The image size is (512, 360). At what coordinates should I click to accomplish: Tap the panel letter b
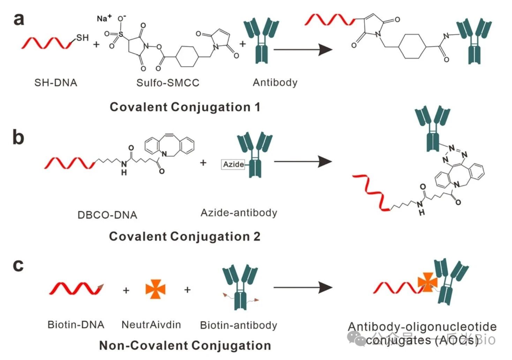(x=18, y=137)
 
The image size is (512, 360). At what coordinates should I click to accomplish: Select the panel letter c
(x=18, y=265)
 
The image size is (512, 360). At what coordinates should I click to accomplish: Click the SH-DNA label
(x=56, y=83)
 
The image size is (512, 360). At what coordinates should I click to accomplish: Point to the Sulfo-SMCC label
(x=168, y=83)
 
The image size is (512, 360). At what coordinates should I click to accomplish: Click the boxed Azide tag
(x=233, y=164)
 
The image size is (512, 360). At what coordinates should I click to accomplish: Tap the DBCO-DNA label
(x=107, y=215)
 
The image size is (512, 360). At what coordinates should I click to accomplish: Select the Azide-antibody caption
(x=239, y=213)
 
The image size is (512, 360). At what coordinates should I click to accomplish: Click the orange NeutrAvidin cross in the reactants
(x=155, y=289)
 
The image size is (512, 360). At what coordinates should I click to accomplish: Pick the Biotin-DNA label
(x=76, y=325)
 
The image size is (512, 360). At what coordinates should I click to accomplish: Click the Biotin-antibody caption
(x=239, y=325)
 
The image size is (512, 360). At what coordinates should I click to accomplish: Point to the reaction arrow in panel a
(x=302, y=50)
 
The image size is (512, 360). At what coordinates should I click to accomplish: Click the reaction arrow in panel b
(x=302, y=162)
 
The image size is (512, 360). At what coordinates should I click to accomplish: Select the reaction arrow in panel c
(x=302, y=288)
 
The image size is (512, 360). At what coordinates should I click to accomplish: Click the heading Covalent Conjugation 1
(x=185, y=107)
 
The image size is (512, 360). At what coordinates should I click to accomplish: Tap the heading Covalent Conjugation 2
(x=185, y=237)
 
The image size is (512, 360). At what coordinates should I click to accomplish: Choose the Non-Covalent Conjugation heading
(x=185, y=345)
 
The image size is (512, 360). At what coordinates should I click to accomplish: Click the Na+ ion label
(x=104, y=18)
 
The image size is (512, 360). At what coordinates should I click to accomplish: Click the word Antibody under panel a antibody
(x=275, y=83)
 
